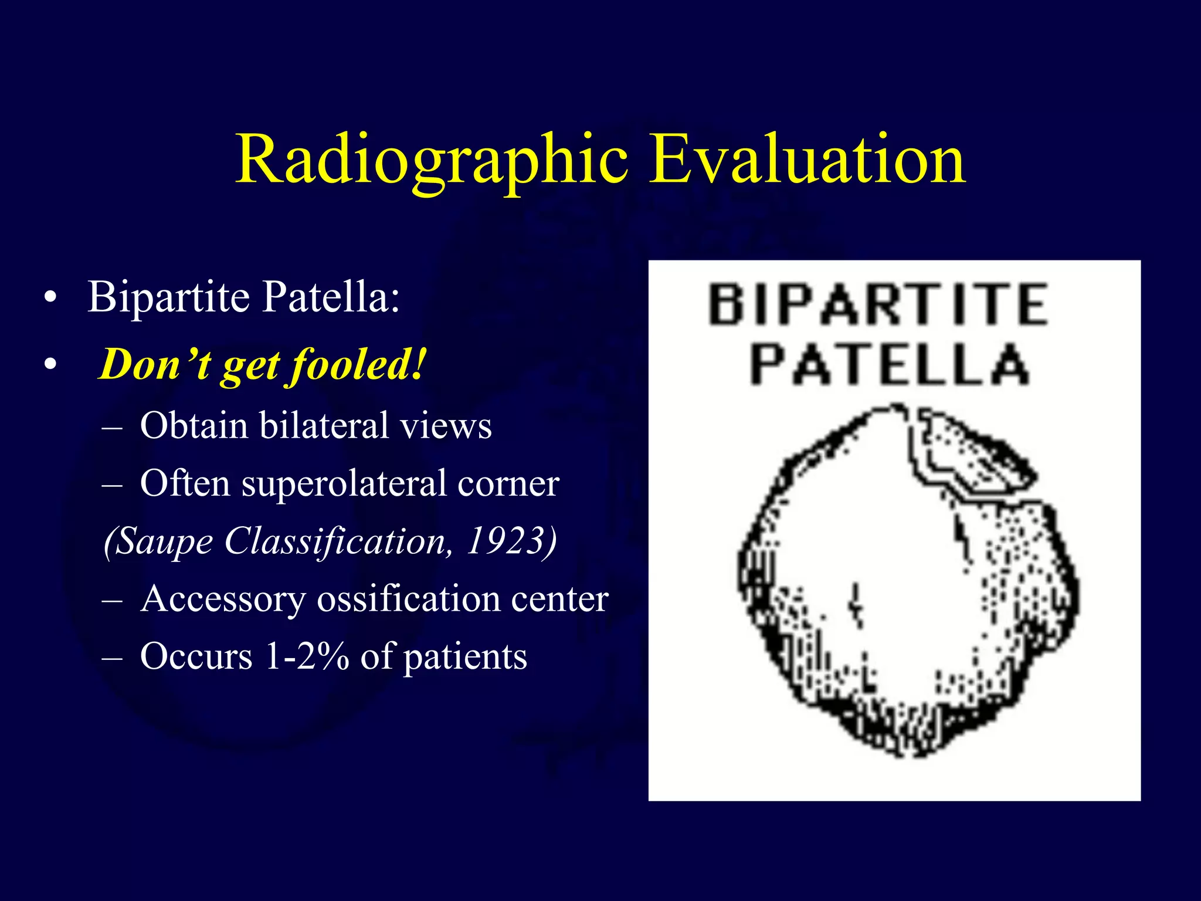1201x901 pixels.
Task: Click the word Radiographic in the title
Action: coord(432,160)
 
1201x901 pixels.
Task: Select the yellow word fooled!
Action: coord(358,365)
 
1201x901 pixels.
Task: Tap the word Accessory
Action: coord(223,599)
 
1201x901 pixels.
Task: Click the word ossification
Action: coord(409,599)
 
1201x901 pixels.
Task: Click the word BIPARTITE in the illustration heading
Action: coord(878,304)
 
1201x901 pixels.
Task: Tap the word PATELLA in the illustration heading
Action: coord(889,365)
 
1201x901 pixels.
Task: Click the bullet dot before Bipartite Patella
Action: coord(51,298)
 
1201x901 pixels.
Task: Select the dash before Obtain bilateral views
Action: coord(112,427)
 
